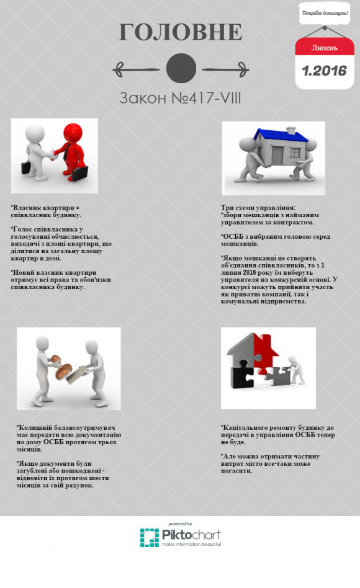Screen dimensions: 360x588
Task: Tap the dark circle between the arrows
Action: [x=181, y=68]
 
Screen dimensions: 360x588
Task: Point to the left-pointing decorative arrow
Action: [x=136, y=69]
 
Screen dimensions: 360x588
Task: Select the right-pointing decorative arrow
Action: [x=225, y=69]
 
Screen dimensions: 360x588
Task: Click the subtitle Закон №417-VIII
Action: [x=180, y=98]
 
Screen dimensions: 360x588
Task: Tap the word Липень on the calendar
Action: [x=325, y=48]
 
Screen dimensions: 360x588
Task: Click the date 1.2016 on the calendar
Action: [x=325, y=71]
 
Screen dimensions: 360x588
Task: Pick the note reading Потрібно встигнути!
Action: [x=325, y=13]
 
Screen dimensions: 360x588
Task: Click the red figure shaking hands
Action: [x=73, y=152]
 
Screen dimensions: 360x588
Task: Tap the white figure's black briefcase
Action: [x=25, y=167]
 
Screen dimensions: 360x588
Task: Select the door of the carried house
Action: [x=278, y=155]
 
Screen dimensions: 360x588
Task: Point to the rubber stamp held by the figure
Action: [x=60, y=368]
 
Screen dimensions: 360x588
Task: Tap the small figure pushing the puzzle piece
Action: [x=296, y=370]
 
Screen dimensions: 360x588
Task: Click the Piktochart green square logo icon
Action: [x=150, y=538]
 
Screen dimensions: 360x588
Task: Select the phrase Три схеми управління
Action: [x=258, y=207]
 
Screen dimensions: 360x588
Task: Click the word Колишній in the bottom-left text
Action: [x=35, y=427]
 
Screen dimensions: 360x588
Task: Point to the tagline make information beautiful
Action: [x=191, y=544]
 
